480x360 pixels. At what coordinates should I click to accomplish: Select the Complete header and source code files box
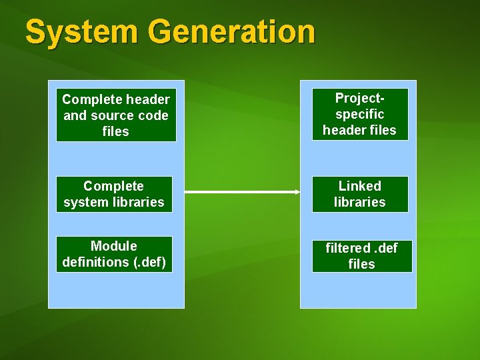point(116,115)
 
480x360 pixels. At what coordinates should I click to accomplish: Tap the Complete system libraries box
point(114,194)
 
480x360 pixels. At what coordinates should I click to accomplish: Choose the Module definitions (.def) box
point(114,254)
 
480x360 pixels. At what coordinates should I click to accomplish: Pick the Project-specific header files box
point(359,114)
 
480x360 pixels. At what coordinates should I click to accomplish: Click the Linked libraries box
point(359,194)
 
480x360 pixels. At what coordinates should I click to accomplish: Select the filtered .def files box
point(361,256)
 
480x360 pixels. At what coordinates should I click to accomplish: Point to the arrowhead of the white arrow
point(297,192)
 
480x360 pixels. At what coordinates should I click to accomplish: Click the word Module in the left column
point(114,246)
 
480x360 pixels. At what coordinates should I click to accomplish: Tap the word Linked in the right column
point(359,186)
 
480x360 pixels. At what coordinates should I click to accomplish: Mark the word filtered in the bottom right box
point(347,248)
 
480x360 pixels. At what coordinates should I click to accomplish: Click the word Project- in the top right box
point(359,98)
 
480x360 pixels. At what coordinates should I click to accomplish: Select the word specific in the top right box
point(359,114)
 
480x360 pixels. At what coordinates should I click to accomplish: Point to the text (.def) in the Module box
point(149,262)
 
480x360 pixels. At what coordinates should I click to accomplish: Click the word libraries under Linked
point(359,202)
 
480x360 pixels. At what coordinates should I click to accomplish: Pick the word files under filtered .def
point(361,264)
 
